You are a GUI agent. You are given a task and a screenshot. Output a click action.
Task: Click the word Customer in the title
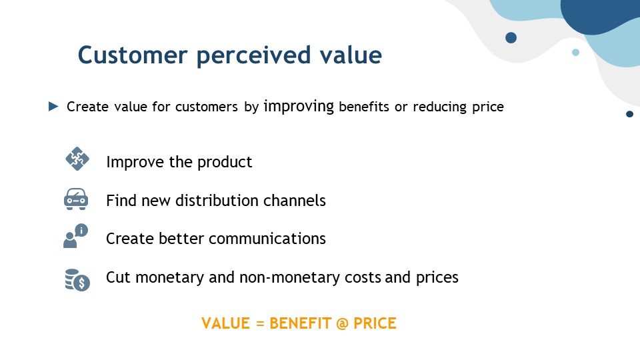coord(133,55)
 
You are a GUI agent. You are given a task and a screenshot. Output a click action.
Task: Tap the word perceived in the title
coord(253,56)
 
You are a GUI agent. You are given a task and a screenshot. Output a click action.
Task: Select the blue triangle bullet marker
coord(53,107)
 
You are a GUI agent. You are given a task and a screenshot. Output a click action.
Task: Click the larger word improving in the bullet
coord(299,107)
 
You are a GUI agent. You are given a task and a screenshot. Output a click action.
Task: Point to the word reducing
coord(439,107)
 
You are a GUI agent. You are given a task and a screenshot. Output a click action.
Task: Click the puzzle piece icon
coord(77,159)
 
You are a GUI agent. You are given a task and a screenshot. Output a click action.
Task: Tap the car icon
coord(76,199)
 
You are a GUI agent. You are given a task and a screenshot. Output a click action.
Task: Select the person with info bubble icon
coord(75,236)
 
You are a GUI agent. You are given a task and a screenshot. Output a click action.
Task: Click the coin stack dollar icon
coord(77,279)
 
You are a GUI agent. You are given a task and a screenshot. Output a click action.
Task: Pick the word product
coord(225,163)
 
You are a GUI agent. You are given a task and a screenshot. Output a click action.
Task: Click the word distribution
coord(217,201)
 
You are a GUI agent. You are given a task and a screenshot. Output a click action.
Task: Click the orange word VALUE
coord(226,323)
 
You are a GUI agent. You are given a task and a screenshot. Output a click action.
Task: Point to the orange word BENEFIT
coord(301,323)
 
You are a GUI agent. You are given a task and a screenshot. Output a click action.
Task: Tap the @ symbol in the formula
coord(343,324)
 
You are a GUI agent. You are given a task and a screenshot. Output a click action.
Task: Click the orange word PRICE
coord(375,323)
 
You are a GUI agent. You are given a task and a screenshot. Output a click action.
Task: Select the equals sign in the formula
coord(260,324)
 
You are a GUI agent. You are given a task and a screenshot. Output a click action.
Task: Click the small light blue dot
coord(575,52)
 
